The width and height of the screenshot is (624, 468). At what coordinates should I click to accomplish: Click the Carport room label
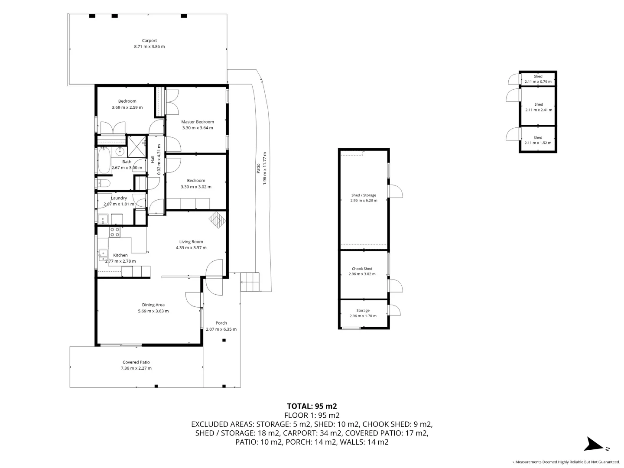point(149,41)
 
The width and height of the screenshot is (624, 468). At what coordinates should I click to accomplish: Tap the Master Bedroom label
point(197,122)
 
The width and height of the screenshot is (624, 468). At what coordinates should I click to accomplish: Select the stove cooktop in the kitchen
point(115,232)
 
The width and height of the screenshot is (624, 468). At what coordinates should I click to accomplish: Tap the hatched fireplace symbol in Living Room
point(218,219)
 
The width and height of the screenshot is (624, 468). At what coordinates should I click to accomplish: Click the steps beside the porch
point(250,282)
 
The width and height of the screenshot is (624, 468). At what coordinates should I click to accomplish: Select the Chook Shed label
point(362,269)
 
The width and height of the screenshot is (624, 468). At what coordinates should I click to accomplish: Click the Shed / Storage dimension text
point(364,201)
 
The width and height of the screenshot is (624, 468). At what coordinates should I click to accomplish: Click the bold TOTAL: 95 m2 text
point(312,406)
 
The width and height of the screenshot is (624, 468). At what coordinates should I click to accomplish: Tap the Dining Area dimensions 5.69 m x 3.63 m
point(153,311)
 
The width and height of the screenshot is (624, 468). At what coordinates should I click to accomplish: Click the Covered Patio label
point(136,362)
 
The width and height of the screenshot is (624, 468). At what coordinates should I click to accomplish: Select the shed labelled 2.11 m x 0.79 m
point(538,79)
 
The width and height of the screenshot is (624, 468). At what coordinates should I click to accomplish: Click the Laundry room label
point(119,198)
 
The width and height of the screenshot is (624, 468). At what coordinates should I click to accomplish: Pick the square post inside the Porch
point(224,340)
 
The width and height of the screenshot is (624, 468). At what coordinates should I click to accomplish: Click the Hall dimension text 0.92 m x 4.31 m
point(159,159)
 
